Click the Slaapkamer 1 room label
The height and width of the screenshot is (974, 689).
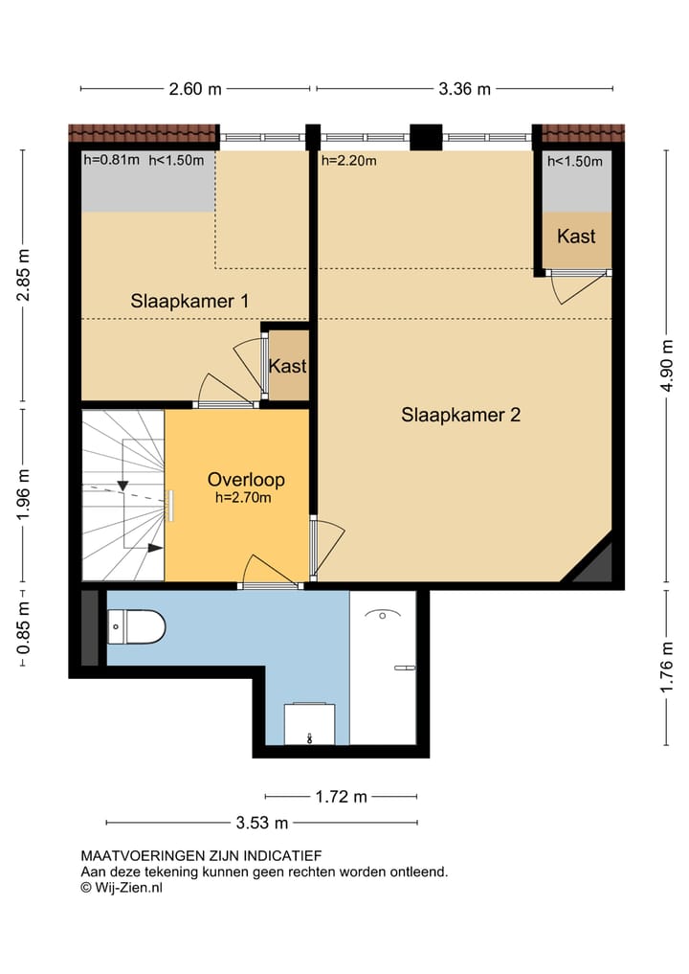coord(189,302)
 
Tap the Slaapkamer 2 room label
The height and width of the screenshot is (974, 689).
coord(460,415)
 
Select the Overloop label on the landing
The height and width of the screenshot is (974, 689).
coord(246,480)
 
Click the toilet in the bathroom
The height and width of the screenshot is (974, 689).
coord(137,626)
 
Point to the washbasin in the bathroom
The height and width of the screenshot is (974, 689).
coord(310,724)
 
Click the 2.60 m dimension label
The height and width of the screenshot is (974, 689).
coord(195,89)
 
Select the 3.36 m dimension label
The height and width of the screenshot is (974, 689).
coord(464,89)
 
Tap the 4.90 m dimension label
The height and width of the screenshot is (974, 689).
coord(667,366)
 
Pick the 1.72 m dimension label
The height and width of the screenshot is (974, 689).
coord(341,797)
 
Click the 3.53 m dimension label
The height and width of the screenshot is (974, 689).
coord(262,823)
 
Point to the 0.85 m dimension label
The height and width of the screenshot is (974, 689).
coord(24,628)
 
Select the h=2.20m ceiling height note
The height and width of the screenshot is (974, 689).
coord(349,161)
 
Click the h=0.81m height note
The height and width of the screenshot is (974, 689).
coord(112,160)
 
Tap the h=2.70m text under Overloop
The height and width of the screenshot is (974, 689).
coord(243,498)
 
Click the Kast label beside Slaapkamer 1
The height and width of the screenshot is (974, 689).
coord(287,366)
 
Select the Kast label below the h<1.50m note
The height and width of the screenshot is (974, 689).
coord(576,236)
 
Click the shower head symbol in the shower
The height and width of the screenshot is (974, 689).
coord(383,615)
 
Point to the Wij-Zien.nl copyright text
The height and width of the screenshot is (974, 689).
coord(122,888)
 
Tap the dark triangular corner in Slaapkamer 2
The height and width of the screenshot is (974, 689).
coord(593,565)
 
